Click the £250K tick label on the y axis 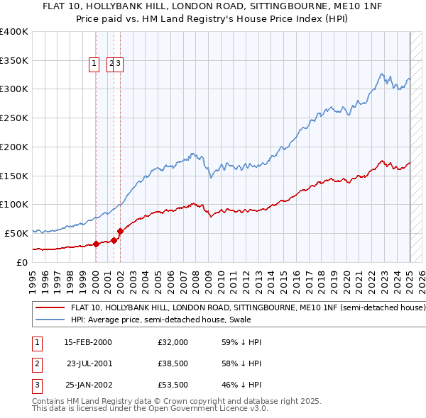click(14, 118)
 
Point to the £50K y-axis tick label click(16, 233)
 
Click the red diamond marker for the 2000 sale click(96, 244)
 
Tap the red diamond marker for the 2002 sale click(120, 231)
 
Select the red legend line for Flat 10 click(50, 308)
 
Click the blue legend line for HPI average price click(50, 320)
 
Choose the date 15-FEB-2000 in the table click(88, 342)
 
